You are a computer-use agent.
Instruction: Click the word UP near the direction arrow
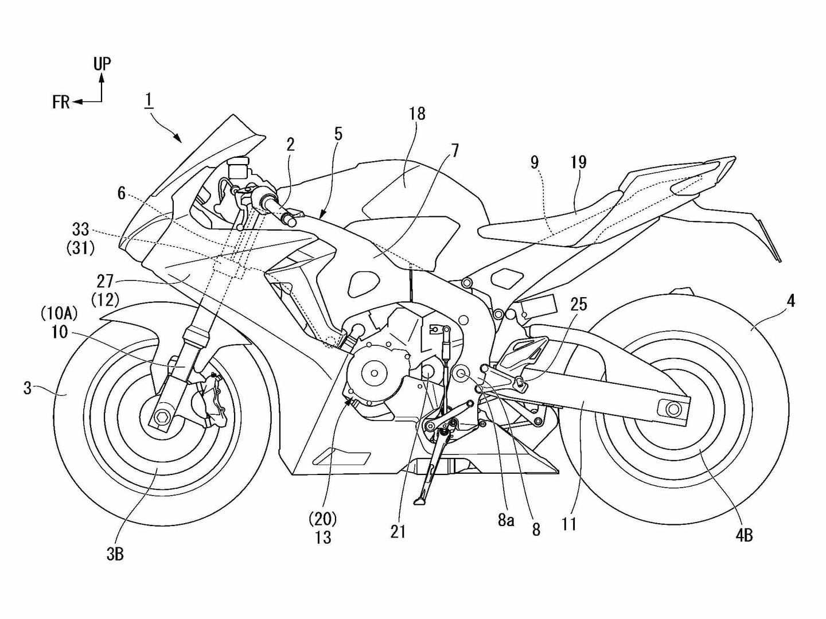click(102, 64)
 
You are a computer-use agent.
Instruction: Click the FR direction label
click(61, 102)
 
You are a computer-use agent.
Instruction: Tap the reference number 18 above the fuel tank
click(417, 114)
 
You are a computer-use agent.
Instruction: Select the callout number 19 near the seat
click(578, 162)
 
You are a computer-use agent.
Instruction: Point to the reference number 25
click(579, 304)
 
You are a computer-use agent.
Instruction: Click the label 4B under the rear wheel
click(743, 535)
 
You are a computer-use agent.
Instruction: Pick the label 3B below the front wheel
click(115, 554)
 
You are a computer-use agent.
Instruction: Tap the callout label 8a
click(505, 520)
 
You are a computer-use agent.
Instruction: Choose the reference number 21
click(398, 532)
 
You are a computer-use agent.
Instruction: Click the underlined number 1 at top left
click(149, 100)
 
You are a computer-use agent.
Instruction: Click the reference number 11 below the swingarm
click(569, 524)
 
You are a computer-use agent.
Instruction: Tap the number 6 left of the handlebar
click(122, 193)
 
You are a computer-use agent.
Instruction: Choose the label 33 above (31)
click(80, 230)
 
